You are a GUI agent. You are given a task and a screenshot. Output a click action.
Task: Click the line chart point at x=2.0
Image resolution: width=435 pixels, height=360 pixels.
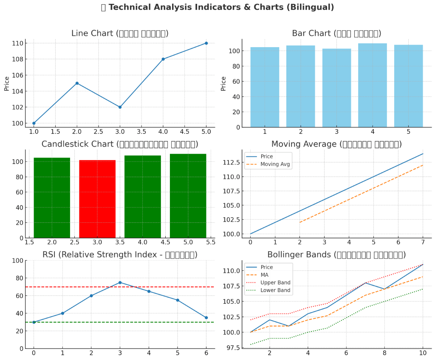77,83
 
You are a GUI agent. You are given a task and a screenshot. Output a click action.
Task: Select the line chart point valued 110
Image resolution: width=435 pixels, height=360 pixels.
206,43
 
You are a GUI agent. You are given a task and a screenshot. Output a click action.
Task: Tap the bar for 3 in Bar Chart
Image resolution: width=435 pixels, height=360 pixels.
336,88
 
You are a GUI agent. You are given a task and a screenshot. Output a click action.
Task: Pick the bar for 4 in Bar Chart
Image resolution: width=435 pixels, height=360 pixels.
373,85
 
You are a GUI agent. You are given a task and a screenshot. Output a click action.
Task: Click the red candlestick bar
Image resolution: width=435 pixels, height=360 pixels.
97,199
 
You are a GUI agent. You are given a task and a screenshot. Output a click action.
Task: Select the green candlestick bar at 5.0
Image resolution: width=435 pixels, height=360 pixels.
188,196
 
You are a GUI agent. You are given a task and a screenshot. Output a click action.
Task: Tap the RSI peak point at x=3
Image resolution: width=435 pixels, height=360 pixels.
120,283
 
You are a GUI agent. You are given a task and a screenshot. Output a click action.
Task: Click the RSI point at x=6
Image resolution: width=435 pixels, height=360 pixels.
206,317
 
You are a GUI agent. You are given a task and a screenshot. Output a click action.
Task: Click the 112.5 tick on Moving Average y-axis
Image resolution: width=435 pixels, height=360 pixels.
232,162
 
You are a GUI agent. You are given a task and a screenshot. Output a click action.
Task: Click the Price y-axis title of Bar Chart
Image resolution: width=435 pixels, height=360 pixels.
224,83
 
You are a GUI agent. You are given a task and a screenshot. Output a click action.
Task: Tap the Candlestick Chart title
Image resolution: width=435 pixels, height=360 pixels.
120,144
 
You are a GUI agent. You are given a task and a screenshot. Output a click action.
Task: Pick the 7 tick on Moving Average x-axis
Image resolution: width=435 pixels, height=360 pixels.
423,242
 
